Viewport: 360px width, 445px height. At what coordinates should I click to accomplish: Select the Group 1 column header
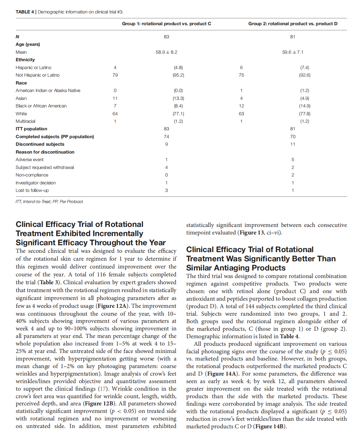pyautogui.click(x=166, y=24)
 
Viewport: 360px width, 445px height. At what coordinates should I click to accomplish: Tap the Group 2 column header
pyautogui.click(x=293, y=24)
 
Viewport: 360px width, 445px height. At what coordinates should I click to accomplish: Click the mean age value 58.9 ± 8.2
pyautogui.click(x=166, y=52)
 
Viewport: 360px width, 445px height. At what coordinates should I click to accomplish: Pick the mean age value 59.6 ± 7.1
pyautogui.click(x=293, y=52)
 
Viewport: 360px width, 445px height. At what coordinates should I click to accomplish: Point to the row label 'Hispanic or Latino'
pyautogui.click(x=33, y=67)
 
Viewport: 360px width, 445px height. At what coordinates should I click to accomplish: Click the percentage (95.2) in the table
pyautogui.click(x=178, y=75)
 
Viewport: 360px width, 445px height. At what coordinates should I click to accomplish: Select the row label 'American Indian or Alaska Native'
pyautogui.click(x=48, y=90)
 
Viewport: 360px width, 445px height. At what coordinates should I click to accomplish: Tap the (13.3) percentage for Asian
pyautogui.click(x=178, y=98)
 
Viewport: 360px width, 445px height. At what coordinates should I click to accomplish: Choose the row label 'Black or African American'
pyautogui.click(x=41, y=106)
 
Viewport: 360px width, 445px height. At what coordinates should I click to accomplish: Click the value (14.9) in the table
pyautogui.click(x=305, y=106)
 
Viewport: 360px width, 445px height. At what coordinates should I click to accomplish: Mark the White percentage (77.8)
pyautogui.click(x=305, y=114)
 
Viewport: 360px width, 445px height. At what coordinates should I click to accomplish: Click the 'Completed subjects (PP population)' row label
pyautogui.click(x=55, y=137)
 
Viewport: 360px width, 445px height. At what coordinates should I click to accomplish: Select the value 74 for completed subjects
pyautogui.click(x=166, y=137)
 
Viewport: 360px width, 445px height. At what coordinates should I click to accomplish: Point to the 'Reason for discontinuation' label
pyautogui.click(x=45, y=152)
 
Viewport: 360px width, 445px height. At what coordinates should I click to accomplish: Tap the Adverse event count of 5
pyautogui.click(x=293, y=159)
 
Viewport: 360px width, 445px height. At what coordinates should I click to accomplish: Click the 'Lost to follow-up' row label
pyautogui.click(x=32, y=190)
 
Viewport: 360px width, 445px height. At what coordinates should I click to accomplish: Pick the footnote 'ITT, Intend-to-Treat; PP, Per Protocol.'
pyautogui.click(x=49, y=202)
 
